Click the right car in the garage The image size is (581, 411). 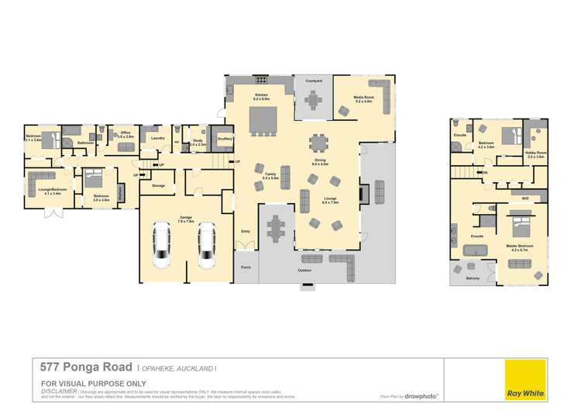(206, 243)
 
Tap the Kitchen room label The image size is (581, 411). (261, 97)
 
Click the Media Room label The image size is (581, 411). (363, 98)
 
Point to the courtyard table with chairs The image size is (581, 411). (313, 101)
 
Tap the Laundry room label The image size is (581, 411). (158, 138)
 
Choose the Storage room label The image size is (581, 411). (158, 185)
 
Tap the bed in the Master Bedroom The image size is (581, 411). (519, 229)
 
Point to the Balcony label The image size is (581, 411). (473, 278)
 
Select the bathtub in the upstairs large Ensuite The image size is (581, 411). (473, 250)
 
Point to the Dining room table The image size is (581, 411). (318, 144)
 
